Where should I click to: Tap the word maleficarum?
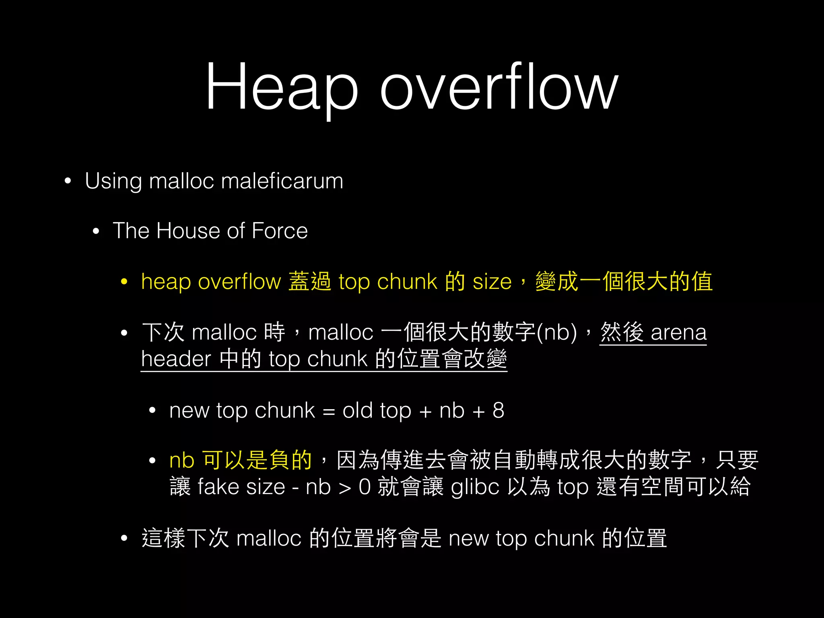(x=282, y=181)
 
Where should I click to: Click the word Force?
(x=280, y=231)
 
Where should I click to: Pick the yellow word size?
(x=492, y=282)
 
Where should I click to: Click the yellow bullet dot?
(x=124, y=282)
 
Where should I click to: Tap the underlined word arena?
(x=679, y=333)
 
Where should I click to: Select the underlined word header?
(x=176, y=359)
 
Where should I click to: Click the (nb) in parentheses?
(x=557, y=333)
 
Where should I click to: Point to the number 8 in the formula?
(x=499, y=410)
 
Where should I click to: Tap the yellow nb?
(x=182, y=460)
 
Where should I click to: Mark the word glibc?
(x=475, y=487)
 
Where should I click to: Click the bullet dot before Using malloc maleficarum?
(x=68, y=181)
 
